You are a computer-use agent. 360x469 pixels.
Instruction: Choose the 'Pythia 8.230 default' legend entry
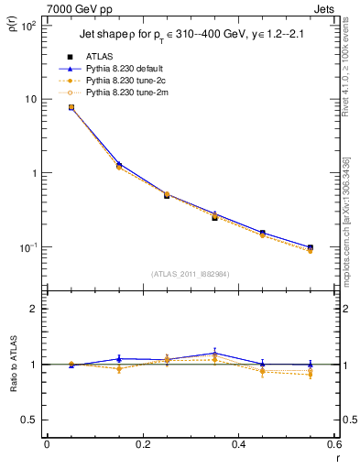coord(119,69)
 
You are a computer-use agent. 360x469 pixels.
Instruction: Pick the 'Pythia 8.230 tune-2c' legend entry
coord(119,81)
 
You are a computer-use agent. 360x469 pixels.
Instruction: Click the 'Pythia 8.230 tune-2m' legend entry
coord(119,93)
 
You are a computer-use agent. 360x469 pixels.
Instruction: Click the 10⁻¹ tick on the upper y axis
coord(28,247)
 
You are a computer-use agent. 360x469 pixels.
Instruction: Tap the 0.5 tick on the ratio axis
coord(30,420)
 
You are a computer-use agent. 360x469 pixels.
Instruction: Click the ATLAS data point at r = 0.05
coord(71,107)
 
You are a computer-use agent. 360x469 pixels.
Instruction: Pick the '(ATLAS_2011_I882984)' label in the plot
coord(191,273)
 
